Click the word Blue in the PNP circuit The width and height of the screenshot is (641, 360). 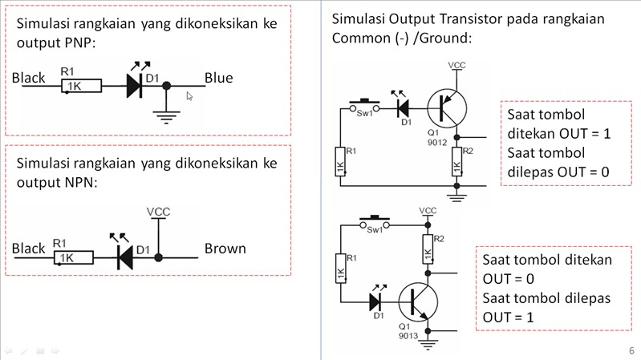click(219, 78)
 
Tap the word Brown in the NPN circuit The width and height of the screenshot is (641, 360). click(225, 249)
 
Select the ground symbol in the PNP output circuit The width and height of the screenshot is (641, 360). click(166, 117)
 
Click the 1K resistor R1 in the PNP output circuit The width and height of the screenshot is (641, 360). click(81, 86)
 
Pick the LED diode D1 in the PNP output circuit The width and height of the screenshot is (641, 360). click(135, 86)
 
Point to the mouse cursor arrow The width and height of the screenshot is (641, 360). click(189, 96)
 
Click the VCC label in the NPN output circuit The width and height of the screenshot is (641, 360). click(158, 212)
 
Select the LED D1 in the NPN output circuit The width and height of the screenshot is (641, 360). click(125, 257)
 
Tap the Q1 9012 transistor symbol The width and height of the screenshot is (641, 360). click(447, 109)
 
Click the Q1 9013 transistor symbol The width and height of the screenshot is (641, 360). click(418, 302)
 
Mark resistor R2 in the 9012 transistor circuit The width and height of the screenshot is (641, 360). click(457, 162)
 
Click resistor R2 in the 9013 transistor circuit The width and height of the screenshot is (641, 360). click(428, 249)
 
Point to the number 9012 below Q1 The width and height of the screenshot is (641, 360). click(437, 142)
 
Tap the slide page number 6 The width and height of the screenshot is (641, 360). click(631, 350)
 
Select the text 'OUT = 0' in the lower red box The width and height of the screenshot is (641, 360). click(508, 279)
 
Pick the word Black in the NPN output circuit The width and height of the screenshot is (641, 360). click(28, 249)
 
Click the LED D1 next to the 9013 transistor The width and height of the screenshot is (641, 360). click(375, 302)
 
